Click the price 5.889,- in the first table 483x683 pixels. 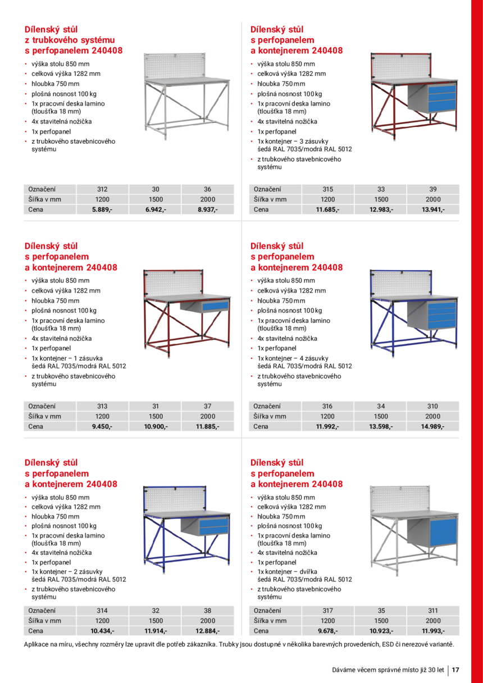(102, 210)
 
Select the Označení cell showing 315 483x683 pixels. (327, 189)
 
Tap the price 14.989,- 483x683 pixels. (432, 426)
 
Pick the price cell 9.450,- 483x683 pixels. (102, 426)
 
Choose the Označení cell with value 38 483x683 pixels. (208, 611)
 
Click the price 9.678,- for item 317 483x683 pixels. (327, 631)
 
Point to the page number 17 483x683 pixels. (455, 670)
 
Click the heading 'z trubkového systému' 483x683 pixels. (70, 40)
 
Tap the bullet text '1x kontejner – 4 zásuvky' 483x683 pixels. (293, 358)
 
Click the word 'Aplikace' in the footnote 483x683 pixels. (37, 644)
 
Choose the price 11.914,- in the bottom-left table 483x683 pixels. (156, 631)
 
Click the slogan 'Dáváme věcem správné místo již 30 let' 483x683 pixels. (388, 670)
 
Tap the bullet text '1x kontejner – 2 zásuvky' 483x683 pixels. (66, 571)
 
